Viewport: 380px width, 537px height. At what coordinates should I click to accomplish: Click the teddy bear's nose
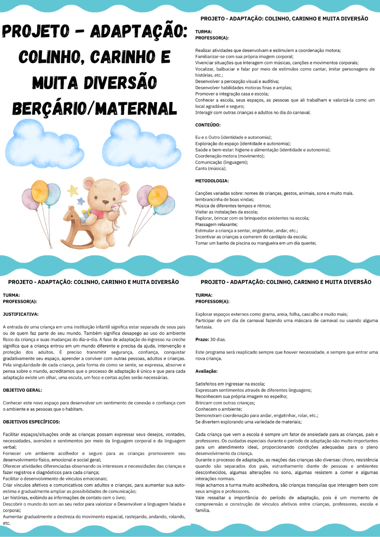(106, 202)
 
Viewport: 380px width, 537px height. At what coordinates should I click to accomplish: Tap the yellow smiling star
(73, 191)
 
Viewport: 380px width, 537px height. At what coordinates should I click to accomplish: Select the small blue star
(81, 201)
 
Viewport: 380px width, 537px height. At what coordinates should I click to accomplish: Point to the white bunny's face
(116, 208)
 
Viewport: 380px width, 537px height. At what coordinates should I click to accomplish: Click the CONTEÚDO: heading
(208, 125)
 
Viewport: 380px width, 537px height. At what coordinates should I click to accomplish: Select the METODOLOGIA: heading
(212, 181)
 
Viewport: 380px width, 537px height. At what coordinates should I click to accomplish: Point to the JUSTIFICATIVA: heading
(21, 314)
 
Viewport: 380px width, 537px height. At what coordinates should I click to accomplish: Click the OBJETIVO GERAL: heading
(22, 390)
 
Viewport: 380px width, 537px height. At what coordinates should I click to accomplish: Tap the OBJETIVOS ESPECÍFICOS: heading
(31, 422)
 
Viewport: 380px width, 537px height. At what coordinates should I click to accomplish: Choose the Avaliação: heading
(206, 371)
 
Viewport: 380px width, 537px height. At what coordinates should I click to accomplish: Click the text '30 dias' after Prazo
(218, 339)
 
